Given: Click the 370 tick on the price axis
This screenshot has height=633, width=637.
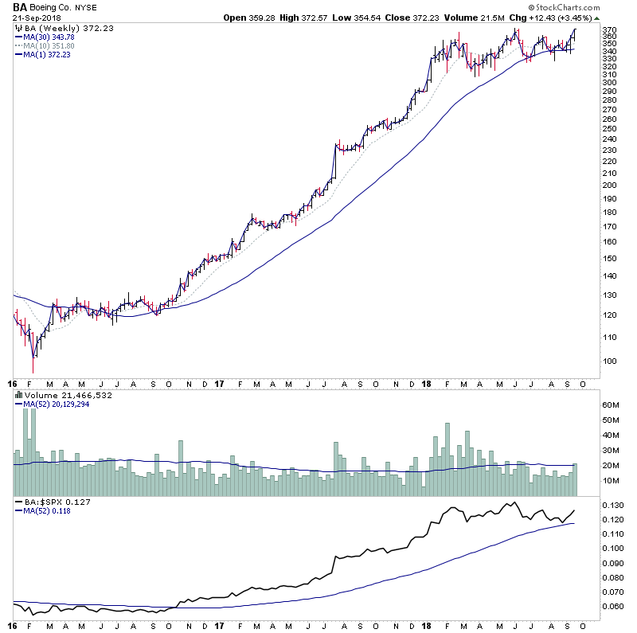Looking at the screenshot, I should click(x=609, y=34).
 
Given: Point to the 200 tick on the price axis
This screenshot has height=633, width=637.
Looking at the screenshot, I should click(x=609, y=185).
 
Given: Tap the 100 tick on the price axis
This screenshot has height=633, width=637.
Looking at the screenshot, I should click(x=609, y=361).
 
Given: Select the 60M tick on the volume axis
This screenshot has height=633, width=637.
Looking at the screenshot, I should click(x=609, y=405).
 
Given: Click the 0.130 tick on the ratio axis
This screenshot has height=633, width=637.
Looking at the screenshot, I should click(x=612, y=506).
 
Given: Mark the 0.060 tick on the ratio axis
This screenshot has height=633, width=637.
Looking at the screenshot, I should click(x=612, y=605).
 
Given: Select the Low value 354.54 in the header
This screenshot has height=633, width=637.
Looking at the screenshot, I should click(x=381, y=18).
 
